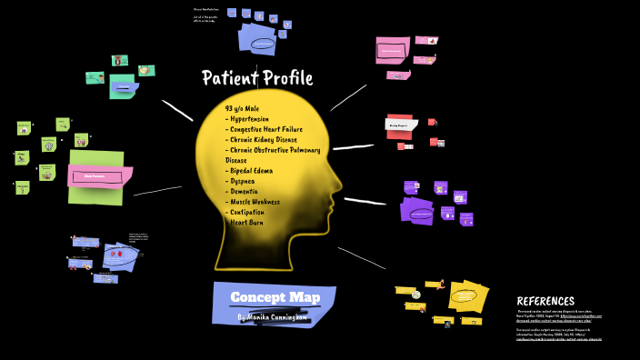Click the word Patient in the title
[228, 78]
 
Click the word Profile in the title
[285, 78]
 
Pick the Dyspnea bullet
[244, 181]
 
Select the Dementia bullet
[244, 191]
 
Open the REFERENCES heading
[545, 301]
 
